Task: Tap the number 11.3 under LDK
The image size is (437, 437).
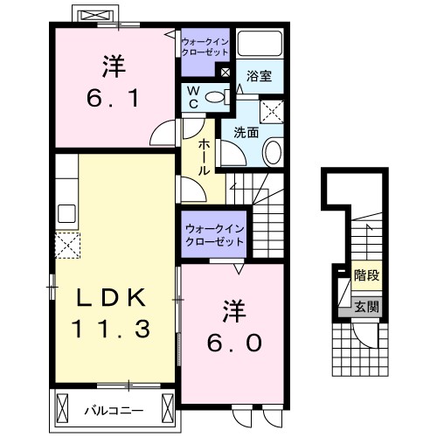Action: [111, 329]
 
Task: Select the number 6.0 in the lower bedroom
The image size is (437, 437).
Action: [233, 343]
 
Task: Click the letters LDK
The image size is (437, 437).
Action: [111, 297]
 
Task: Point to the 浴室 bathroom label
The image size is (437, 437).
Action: [260, 77]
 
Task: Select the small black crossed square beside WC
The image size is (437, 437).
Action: [226, 74]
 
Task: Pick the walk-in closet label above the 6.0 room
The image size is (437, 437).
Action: [214, 234]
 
